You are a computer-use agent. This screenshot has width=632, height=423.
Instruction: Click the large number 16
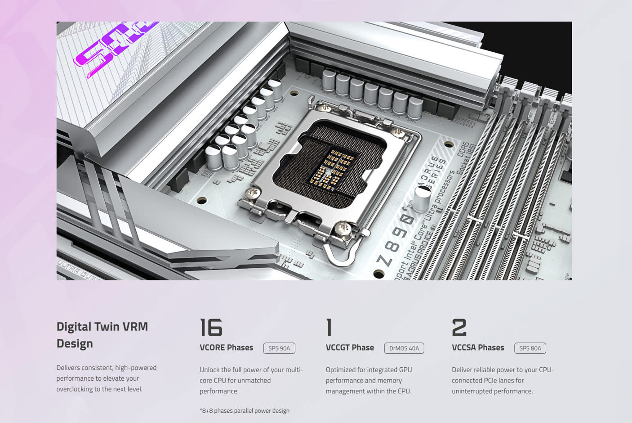[x=211, y=328]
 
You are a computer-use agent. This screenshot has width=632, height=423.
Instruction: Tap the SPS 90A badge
[x=279, y=348]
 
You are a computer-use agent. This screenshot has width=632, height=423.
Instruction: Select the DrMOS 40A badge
[x=404, y=348]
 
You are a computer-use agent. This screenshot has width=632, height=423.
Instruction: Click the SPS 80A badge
[x=530, y=348]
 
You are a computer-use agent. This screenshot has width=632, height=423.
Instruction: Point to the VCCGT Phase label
[x=350, y=347]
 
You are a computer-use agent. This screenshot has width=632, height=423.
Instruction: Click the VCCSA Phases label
[x=478, y=347]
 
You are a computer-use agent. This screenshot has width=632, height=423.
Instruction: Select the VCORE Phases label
[x=226, y=347]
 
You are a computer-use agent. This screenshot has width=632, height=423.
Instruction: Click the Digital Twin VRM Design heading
[x=102, y=335]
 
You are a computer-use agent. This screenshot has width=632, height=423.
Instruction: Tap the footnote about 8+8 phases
[x=245, y=410]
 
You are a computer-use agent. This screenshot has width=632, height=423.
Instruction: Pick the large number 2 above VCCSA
[x=459, y=328]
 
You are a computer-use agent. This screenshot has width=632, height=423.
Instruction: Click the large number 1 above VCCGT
[x=329, y=328]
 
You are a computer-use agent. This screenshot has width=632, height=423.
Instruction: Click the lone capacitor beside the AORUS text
[x=422, y=198]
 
